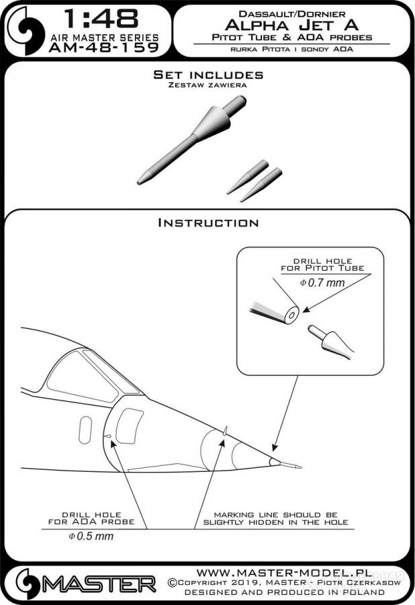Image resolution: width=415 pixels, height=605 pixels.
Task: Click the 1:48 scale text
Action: pyautogui.click(x=101, y=19)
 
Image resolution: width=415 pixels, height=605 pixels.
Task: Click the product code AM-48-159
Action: pyautogui.click(x=104, y=48)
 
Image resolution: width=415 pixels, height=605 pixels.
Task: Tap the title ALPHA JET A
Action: pyautogui.click(x=291, y=25)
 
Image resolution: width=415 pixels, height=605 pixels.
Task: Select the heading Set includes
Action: pyautogui.click(x=208, y=75)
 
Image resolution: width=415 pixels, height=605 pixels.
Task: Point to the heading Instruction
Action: pyautogui.click(x=208, y=223)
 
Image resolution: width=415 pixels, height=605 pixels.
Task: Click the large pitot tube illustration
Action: pyautogui.click(x=191, y=140)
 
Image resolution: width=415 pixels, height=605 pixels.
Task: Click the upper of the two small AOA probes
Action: pyautogui.click(x=247, y=176)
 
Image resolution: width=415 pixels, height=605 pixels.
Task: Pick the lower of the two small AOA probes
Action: pyautogui.click(x=261, y=184)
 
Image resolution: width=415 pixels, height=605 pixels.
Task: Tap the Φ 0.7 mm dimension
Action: pyautogui.click(x=322, y=283)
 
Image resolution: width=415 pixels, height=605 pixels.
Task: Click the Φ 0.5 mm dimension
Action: pyautogui.click(x=91, y=536)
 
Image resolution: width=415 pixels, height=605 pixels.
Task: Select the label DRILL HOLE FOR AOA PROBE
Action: pyautogui.click(x=91, y=518)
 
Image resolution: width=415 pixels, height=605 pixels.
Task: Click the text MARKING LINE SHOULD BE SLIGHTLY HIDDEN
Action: pyautogui.click(x=275, y=518)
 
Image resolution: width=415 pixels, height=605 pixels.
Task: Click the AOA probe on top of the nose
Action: pyautogui.click(x=225, y=431)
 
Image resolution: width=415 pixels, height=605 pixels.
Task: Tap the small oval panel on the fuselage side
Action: pyautogui.click(x=85, y=430)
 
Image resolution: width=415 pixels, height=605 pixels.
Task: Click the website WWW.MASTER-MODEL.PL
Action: pyautogui.click(x=284, y=572)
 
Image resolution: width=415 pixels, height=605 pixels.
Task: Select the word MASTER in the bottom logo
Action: pyautogui.click(x=99, y=585)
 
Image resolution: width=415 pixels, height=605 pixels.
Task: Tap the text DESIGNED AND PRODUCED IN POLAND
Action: pyautogui.click(x=284, y=592)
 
